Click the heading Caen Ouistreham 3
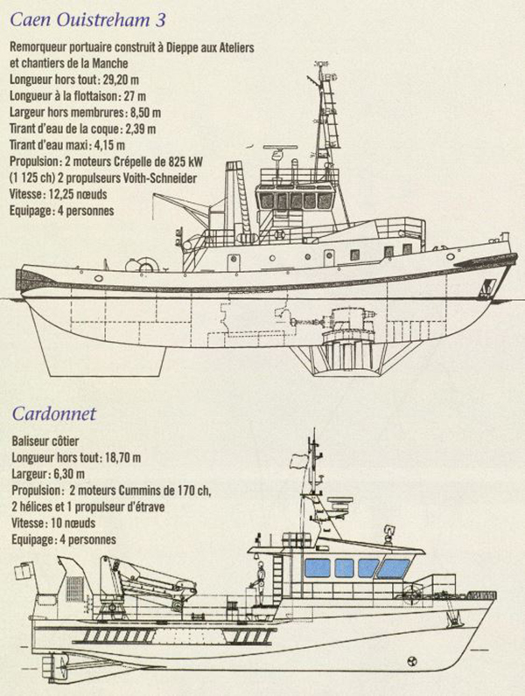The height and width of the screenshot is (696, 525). [x=87, y=19]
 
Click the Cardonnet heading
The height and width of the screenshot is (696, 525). [x=53, y=414]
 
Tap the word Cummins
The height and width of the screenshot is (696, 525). [x=137, y=491]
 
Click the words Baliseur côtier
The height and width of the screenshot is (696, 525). [x=45, y=442]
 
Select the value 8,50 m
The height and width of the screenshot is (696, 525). [x=146, y=113]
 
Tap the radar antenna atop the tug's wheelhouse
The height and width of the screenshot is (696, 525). [x=280, y=148]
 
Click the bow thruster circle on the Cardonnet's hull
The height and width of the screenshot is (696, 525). [x=412, y=661]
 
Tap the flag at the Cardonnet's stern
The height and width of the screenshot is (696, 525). [x=24, y=570]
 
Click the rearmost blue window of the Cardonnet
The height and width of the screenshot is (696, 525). [x=318, y=568]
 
